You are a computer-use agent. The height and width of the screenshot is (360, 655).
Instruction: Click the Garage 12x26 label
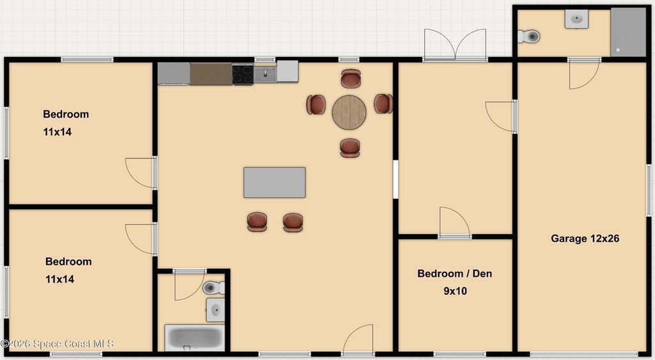(x=585, y=239)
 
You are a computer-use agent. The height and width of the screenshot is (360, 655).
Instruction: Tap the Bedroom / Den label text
(x=455, y=274)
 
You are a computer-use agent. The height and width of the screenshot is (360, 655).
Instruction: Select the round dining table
(x=349, y=113)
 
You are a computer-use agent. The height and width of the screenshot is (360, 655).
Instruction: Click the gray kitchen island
(x=274, y=182)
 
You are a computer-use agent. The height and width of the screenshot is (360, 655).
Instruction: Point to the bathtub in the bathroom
(x=195, y=338)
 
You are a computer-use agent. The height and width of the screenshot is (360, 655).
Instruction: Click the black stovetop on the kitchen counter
(x=242, y=74)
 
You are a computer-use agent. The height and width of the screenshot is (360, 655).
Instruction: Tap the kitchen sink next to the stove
(x=265, y=74)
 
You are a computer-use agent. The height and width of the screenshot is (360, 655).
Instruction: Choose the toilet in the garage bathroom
(x=529, y=36)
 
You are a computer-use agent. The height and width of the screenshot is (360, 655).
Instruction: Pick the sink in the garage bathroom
(x=577, y=19)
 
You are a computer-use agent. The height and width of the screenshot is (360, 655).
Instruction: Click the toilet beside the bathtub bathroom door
(x=214, y=288)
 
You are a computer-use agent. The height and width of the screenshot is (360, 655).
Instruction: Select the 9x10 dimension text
(x=455, y=291)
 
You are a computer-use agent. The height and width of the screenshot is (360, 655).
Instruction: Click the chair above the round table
(x=351, y=79)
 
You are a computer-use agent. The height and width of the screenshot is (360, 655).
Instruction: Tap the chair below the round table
(x=350, y=148)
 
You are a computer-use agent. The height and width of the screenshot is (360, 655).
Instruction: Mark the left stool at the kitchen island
(x=257, y=222)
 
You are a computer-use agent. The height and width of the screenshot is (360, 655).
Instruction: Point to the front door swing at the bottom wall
(x=358, y=339)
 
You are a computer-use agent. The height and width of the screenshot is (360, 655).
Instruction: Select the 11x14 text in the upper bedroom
(x=57, y=132)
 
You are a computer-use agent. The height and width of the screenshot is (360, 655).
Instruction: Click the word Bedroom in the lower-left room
(x=68, y=262)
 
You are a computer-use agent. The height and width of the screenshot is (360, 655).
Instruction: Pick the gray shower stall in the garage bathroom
(x=628, y=32)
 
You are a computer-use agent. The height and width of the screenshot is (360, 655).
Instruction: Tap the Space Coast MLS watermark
(x=57, y=344)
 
